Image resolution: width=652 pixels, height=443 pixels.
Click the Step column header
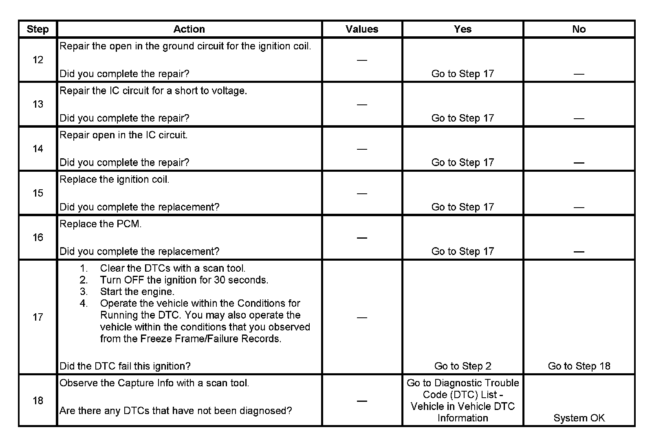[37, 29]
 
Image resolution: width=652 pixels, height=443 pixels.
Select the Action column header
[189, 29]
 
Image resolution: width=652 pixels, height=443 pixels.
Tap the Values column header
[362, 29]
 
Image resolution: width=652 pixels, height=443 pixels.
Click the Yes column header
[463, 29]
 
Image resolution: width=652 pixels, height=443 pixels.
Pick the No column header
[579, 29]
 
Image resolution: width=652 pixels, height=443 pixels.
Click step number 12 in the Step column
[38, 60]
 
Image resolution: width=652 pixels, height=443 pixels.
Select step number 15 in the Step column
[38, 193]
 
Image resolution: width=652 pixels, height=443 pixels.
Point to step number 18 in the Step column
[38, 401]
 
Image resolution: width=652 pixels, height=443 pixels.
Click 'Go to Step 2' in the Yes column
[463, 366]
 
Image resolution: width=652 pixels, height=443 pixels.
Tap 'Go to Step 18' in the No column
[579, 366]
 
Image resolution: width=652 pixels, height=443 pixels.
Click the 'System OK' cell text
[579, 418]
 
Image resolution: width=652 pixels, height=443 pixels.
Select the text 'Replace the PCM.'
[101, 224]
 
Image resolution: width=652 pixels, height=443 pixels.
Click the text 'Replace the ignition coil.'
[115, 180]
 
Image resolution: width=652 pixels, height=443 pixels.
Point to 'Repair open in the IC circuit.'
[123, 135]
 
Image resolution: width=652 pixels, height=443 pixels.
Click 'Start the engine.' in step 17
[137, 292]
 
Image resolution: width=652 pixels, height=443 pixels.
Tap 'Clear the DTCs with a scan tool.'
[173, 268]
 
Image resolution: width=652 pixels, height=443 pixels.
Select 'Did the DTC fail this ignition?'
[125, 366]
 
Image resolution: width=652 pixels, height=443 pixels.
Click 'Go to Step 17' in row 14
[463, 163]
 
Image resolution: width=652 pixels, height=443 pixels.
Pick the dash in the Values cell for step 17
[362, 317]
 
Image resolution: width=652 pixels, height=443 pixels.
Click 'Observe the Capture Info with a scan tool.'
[154, 383]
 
